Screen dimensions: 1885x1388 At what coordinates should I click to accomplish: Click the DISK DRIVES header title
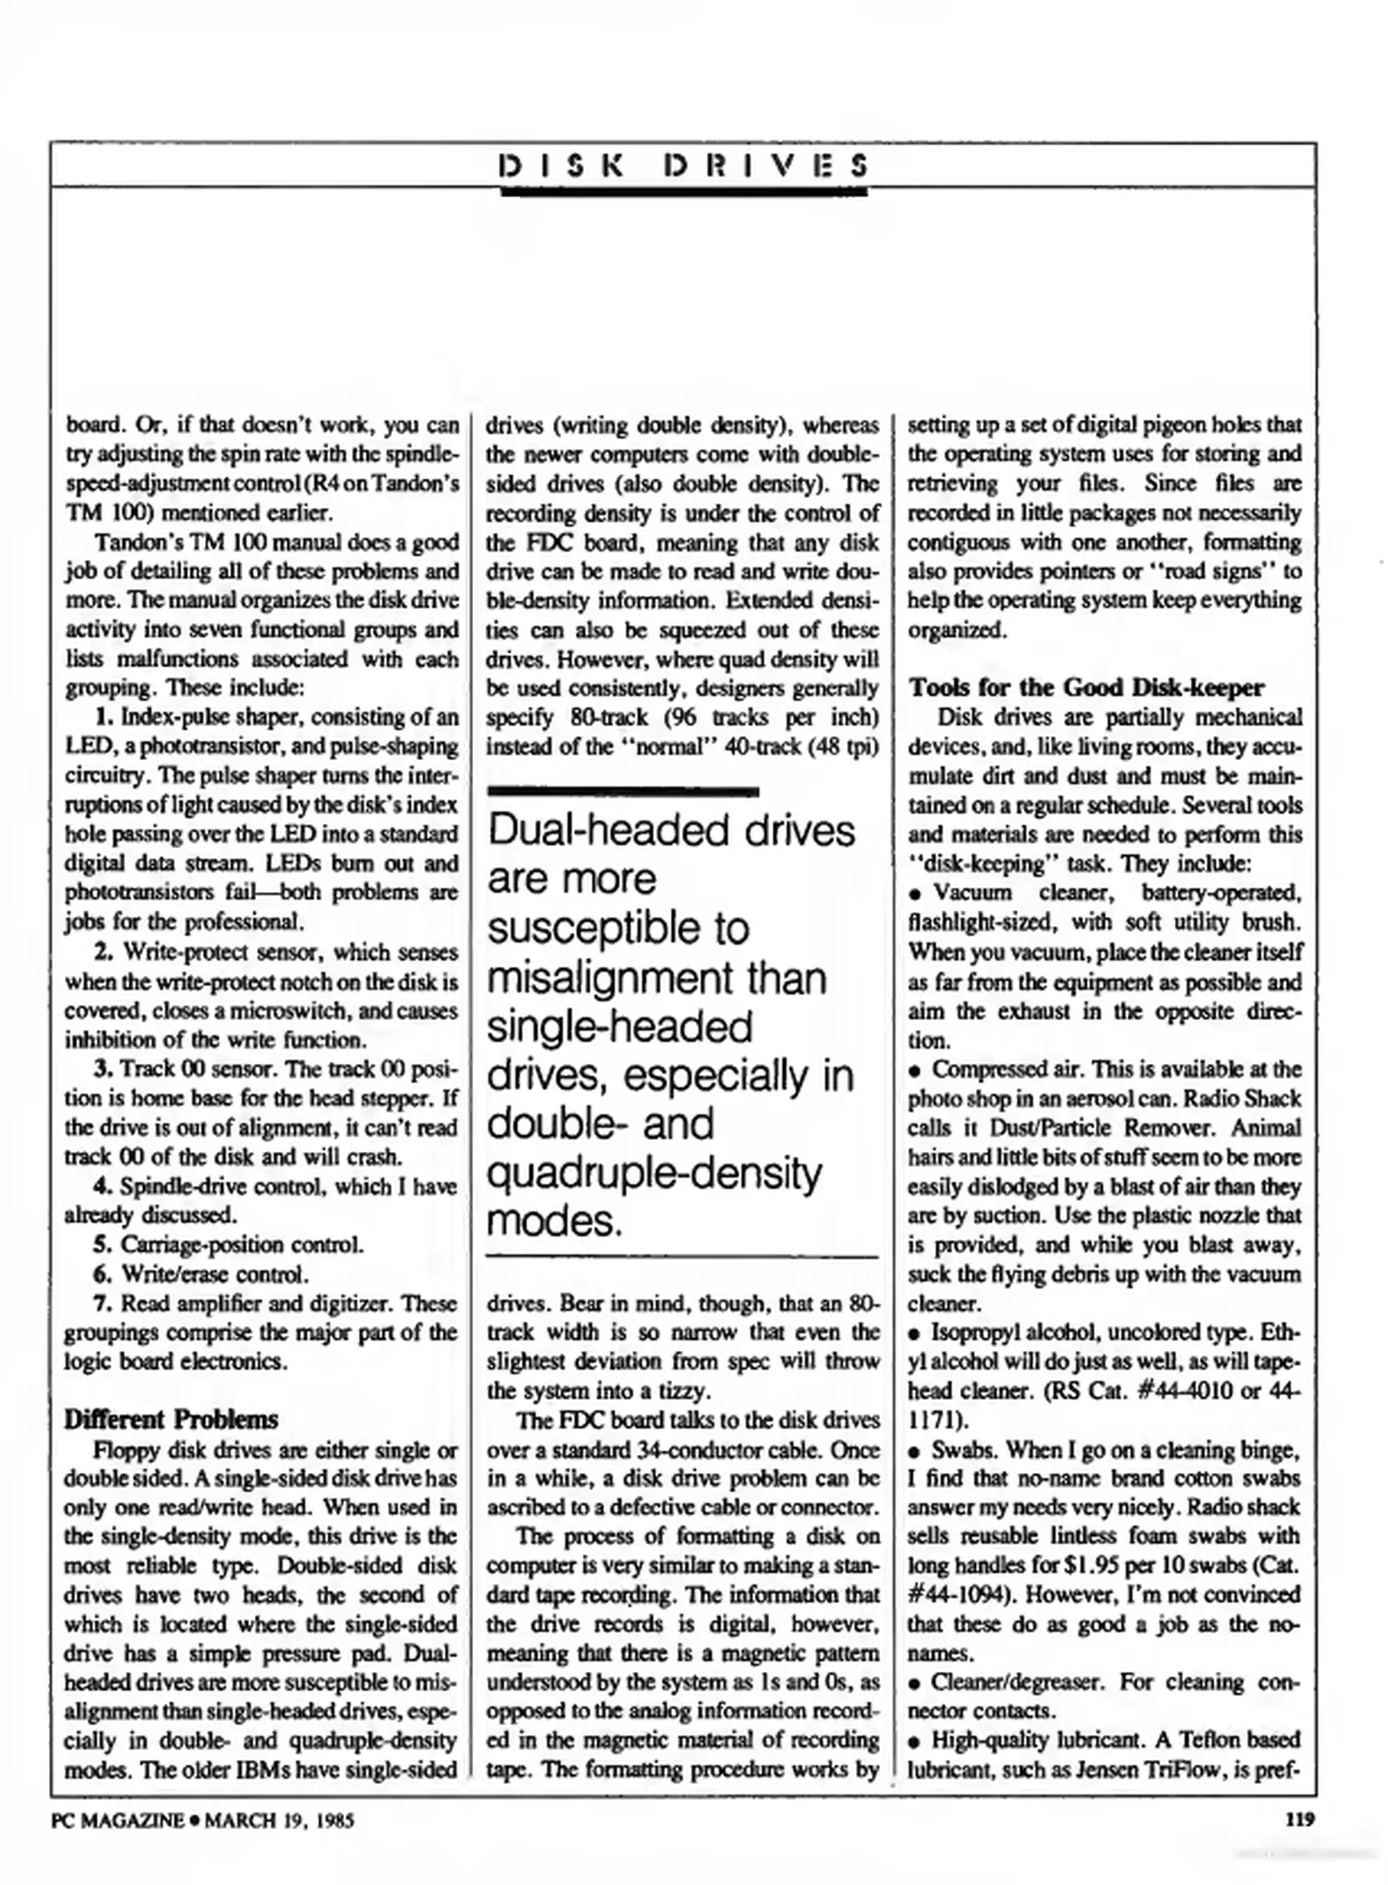[x=684, y=166]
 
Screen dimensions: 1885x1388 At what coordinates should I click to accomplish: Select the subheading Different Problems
[x=171, y=1419]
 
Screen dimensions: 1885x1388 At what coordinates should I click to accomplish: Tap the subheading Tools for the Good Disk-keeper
[x=1086, y=688]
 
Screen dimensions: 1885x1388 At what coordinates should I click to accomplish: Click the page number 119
[x=1300, y=1820]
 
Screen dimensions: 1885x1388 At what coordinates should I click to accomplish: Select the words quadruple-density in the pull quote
[x=654, y=1174]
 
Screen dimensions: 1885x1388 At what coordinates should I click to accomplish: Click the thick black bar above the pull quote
[x=622, y=792]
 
